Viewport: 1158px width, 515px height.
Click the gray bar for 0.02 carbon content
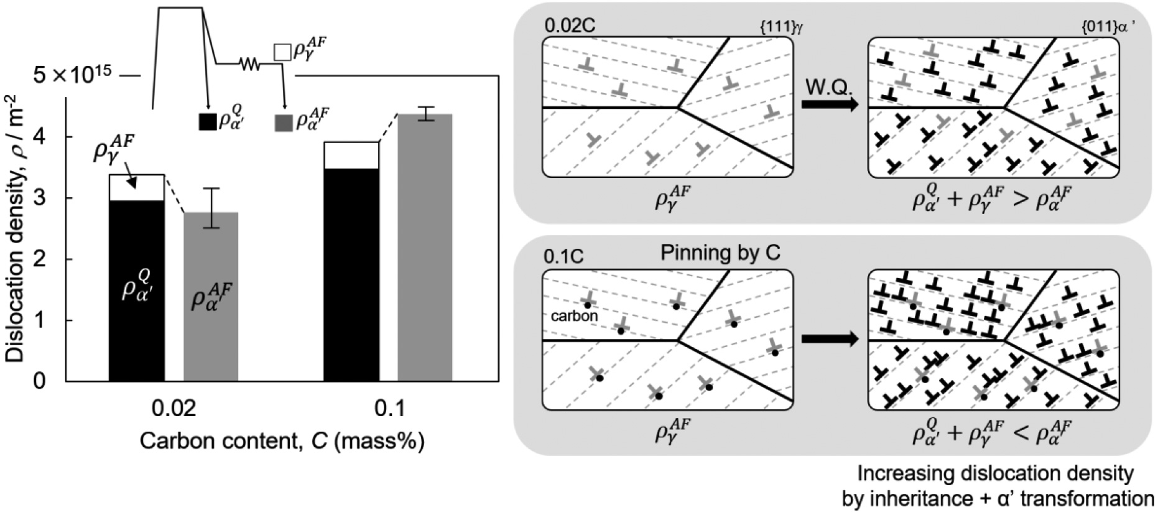coord(211,297)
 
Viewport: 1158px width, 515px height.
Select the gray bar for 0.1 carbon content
coord(425,248)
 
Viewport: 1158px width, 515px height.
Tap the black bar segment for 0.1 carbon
coord(351,275)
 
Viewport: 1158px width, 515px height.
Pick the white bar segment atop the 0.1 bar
coord(351,155)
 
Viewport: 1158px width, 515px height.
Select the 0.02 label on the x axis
coord(174,409)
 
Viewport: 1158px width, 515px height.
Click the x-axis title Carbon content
coord(282,441)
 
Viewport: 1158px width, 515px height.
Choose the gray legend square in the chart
coord(283,123)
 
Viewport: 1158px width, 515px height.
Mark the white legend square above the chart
coord(282,52)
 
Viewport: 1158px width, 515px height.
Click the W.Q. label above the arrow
coord(829,86)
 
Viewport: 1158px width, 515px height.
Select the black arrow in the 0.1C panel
coord(830,340)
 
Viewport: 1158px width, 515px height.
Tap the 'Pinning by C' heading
coord(720,253)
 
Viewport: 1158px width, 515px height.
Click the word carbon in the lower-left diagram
coord(575,315)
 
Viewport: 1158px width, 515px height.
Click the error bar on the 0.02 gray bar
coord(211,208)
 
